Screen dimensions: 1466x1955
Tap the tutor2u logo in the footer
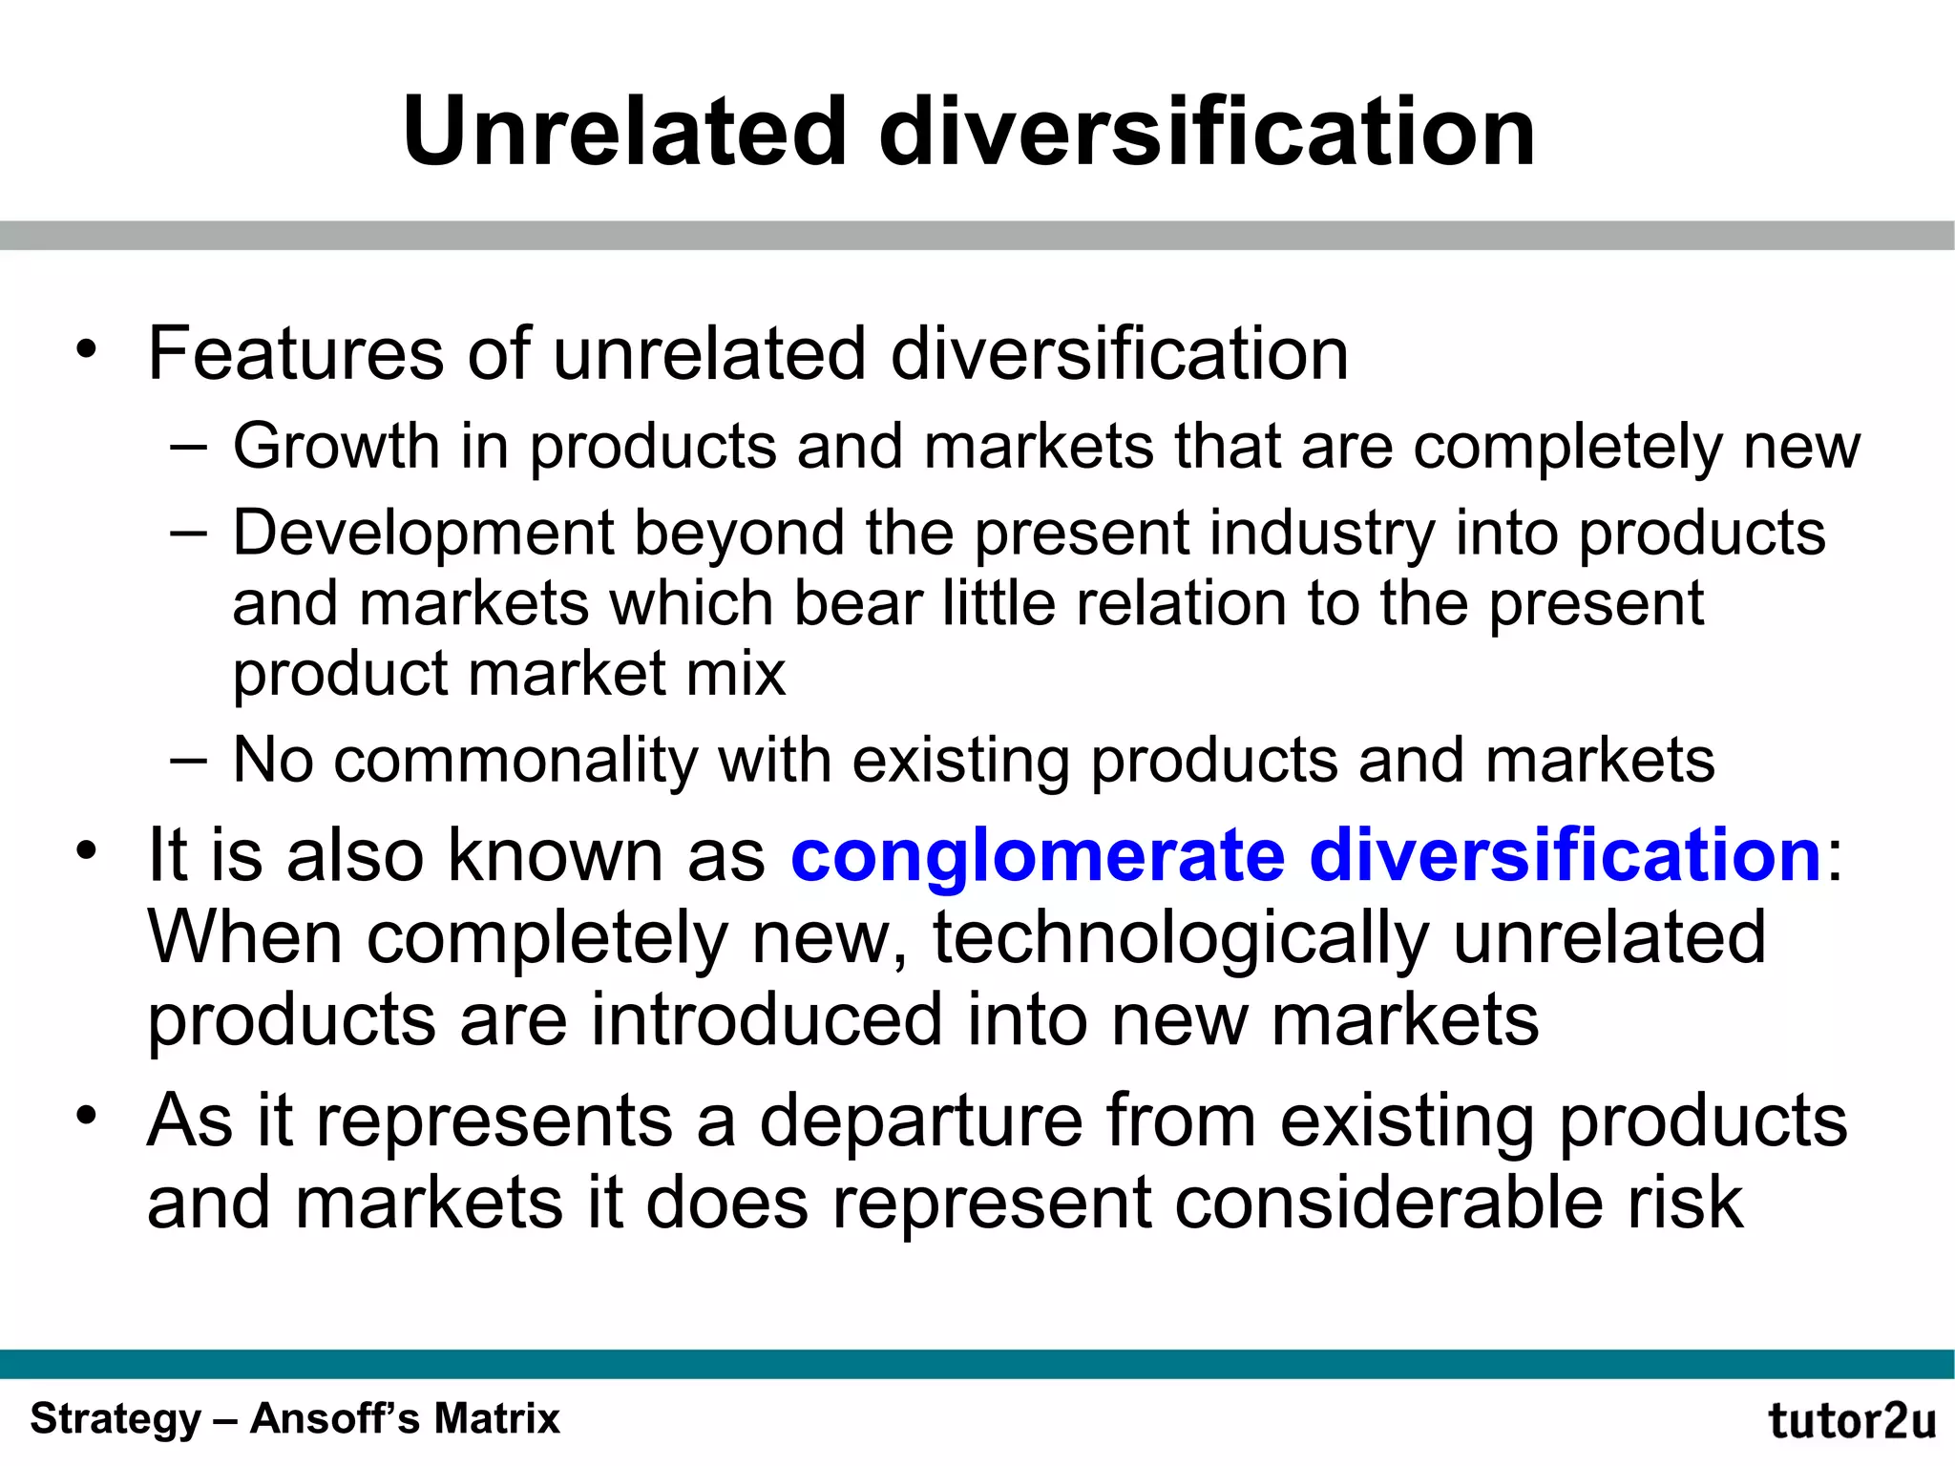point(1851,1421)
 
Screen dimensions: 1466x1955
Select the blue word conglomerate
point(1038,855)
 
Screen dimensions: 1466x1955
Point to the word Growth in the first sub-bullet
point(335,447)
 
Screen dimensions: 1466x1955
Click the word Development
point(423,533)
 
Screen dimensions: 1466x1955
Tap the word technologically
point(1181,939)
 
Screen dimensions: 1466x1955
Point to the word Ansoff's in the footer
point(334,1418)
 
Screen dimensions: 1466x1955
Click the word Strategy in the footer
point(116,1418)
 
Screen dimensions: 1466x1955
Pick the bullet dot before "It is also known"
point(87,850)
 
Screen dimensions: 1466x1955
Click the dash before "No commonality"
point(188,761)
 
